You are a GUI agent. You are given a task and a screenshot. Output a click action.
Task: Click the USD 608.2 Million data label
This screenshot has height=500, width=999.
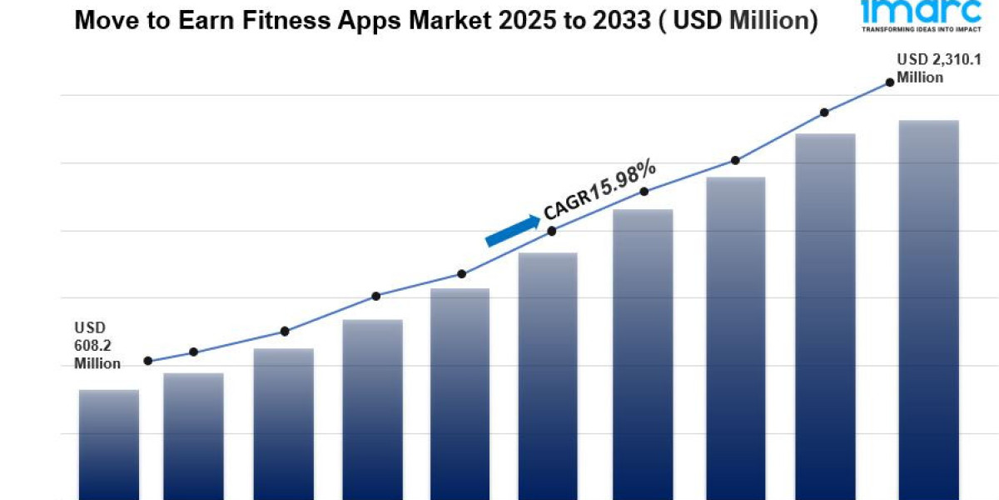click(97, 345)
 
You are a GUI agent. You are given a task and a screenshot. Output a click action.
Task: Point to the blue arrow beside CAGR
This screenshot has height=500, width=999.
click(512, 231)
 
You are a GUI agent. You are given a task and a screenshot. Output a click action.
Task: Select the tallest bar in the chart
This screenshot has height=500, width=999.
click(929, 308)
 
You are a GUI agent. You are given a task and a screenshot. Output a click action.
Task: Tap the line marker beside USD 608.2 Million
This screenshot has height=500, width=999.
click(148, 361)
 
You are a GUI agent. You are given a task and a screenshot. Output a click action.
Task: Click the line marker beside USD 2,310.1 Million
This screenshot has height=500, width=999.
click(890, 82)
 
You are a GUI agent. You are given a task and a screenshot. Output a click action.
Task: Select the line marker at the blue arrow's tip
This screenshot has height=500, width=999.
click(552, 231)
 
